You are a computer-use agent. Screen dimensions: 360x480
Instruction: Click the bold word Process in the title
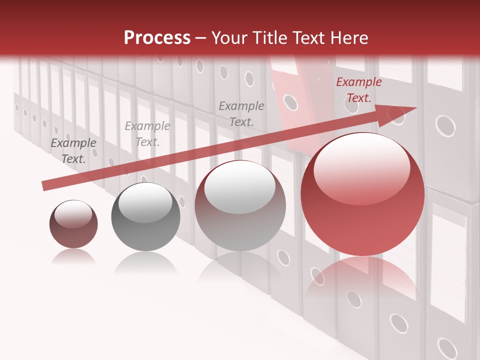point(157,38)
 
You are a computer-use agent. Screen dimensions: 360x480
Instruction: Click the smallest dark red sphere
point(73,224)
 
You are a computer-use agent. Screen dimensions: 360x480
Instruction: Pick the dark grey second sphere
point(145,217)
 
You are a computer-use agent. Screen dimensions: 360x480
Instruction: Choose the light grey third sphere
point(240,206)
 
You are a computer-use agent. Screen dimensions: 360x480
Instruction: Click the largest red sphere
point(362,194)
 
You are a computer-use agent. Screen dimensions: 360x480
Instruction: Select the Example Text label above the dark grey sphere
point(147,134)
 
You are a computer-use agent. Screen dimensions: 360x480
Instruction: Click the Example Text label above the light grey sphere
point(241,114)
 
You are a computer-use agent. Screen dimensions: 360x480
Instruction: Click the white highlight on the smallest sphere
point(73,214)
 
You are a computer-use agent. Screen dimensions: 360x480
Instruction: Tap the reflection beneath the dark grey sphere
point(145,262)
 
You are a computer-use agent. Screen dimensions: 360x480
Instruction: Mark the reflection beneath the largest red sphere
point(362,280)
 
